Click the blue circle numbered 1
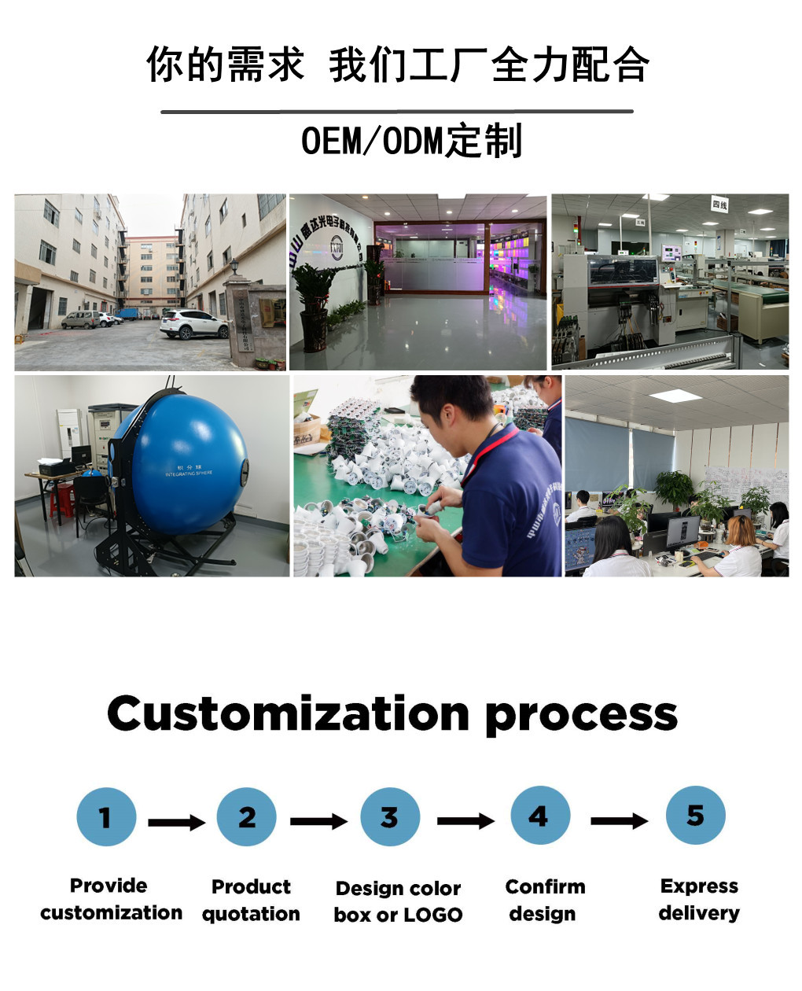(x=106, y=817)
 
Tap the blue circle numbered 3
(x=390, y=817)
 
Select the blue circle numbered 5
(x=695, y=816)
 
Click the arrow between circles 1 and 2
(x=176, y=823)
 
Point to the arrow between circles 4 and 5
(x=619, y=821)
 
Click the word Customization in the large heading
(x=288, y=713)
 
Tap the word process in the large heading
(x=581, y=716)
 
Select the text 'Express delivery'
(x=699, y=900)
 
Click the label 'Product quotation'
(x=251, y=901)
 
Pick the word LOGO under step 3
(x=433, y=915)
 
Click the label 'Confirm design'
(x=545, y=901)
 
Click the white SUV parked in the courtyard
(x=193, y=323)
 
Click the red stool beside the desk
(x=61, y=499)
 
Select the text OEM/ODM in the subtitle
(x=373, y=142)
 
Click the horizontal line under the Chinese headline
(x=397, y=112)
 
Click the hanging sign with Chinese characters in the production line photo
(x=719, y=204)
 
